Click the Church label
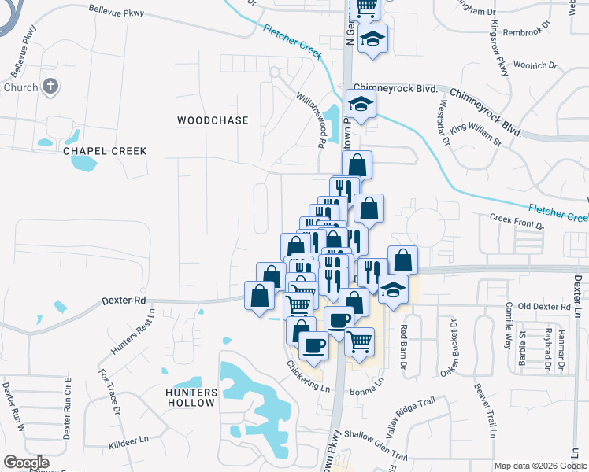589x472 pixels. click(20, 87)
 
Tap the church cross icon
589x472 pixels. click(50, 87)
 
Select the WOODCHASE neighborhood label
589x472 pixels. click(213, 120)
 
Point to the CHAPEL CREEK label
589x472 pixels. click(105, 150)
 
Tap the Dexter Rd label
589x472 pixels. click(124, 301)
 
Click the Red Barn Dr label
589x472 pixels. click(402, 345)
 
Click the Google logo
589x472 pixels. click(26, 463)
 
